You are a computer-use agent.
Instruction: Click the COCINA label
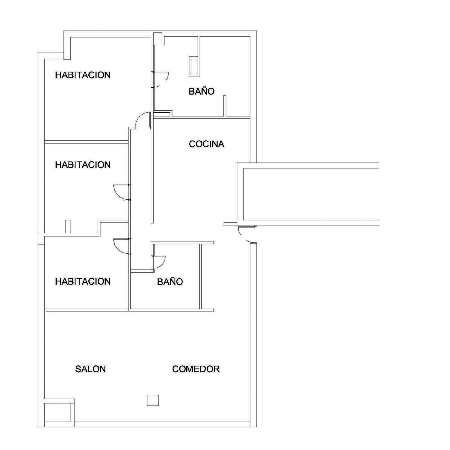[x=207, y=144]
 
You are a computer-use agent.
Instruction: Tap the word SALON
[x=90, y=369]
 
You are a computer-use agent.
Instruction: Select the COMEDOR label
[x=196, y=369]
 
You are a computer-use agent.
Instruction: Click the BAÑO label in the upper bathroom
[x=202, y=91]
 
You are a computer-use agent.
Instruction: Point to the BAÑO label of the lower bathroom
[x=170, y=281]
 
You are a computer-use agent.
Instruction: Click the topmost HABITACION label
[x=83, y=75]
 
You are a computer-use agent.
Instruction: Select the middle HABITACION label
[x=83, y=165]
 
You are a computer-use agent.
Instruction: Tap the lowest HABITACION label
[x=83, y=281]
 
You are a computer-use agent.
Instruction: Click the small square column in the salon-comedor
[x=153, y=400]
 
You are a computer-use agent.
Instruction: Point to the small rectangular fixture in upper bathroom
[x=194, y=66]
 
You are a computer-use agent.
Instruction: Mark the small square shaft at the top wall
[x=158, y=38]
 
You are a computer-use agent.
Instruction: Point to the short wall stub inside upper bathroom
[x=225, y=106]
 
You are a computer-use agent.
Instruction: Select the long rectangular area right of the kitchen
[x=311, y=194]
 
